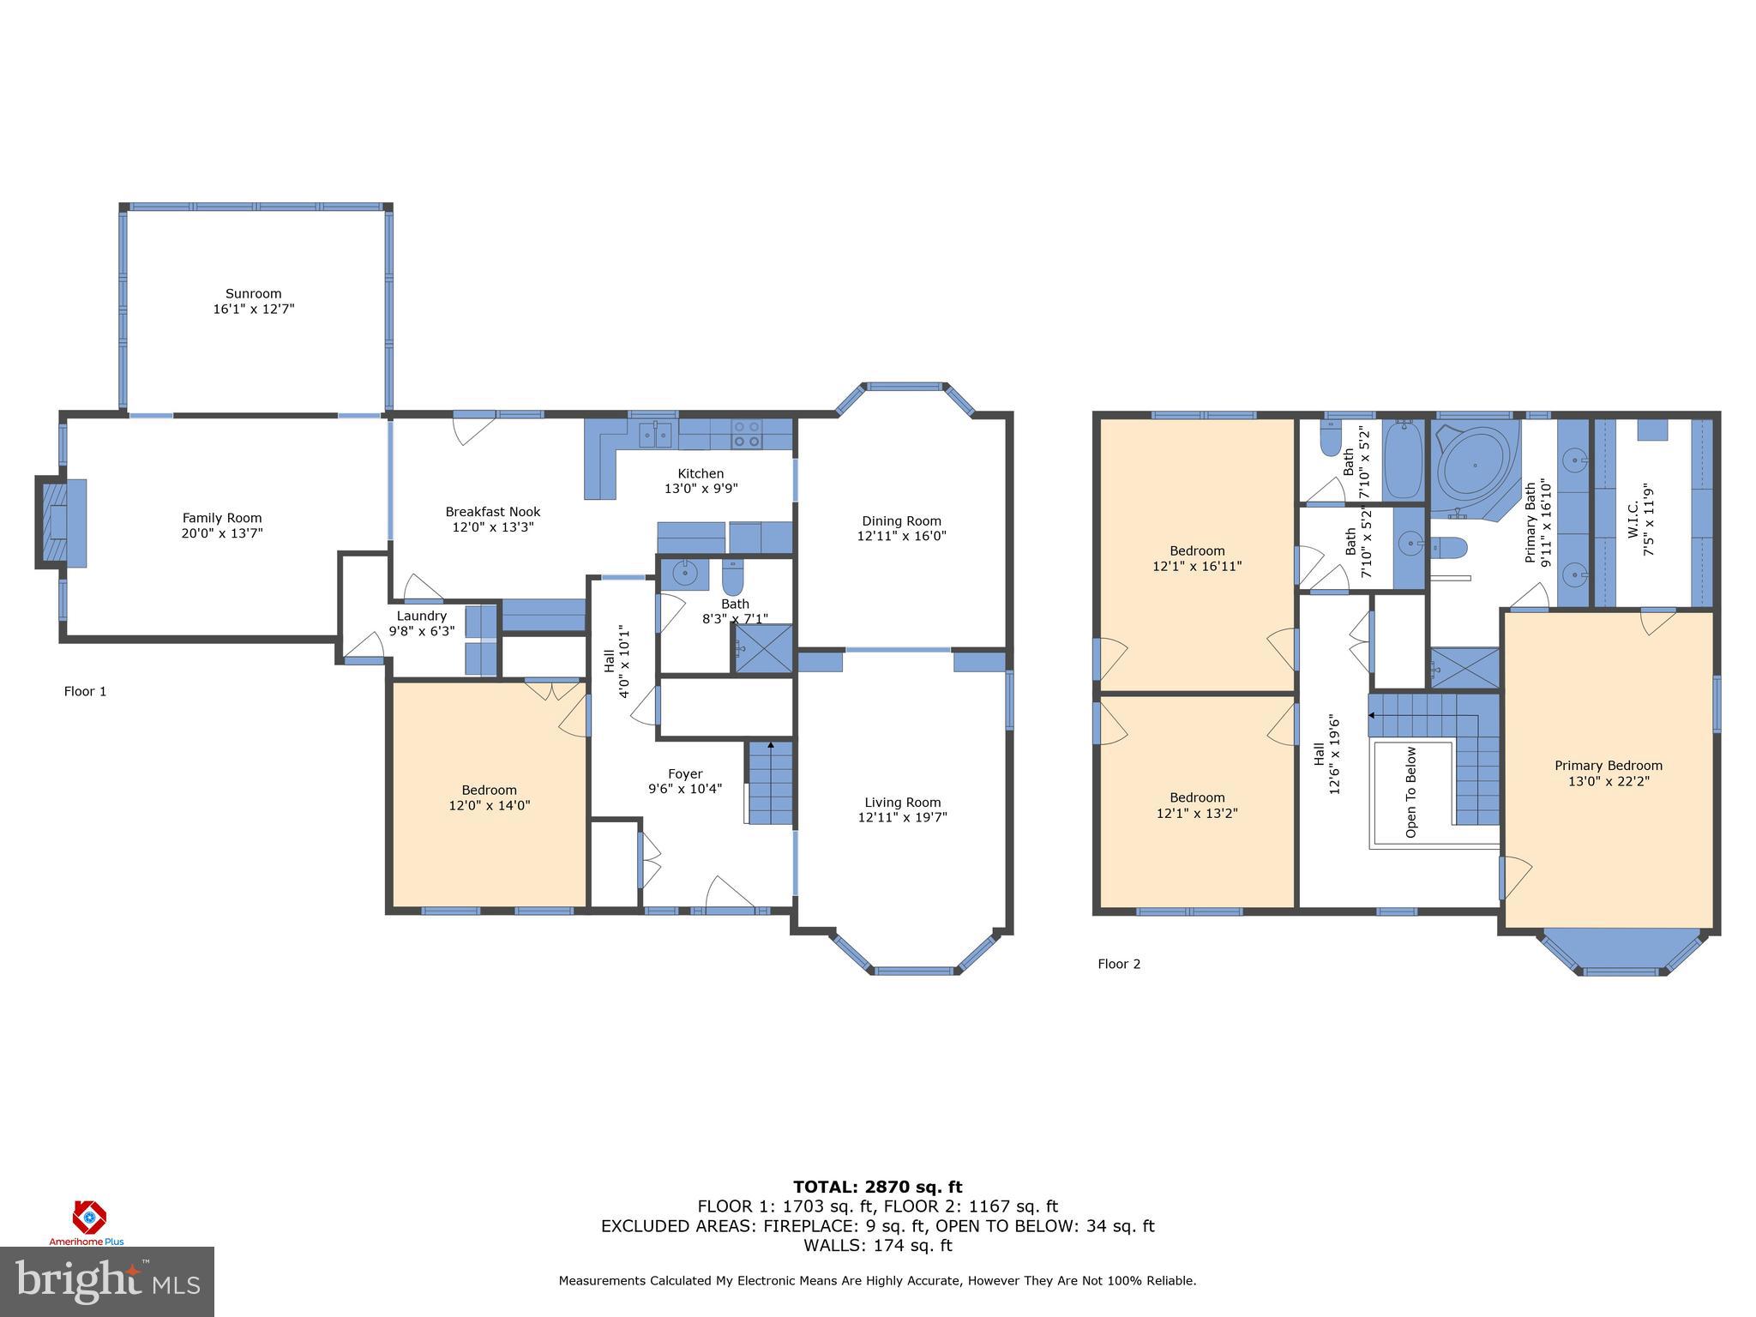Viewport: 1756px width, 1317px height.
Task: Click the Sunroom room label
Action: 253,293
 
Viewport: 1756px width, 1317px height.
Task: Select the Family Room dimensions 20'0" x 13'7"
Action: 222,533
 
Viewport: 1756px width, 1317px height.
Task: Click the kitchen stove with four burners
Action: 747,434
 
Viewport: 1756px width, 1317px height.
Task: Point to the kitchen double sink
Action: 657,434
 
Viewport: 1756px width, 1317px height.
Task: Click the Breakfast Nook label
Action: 492,512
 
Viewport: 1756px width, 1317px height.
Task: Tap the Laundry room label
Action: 421,616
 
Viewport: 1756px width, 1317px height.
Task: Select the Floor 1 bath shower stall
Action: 763,647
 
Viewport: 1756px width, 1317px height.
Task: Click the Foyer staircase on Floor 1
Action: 770,782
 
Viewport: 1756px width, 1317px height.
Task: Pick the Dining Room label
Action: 901,520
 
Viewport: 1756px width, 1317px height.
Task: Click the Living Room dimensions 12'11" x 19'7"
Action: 902,818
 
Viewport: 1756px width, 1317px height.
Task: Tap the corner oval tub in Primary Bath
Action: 1475,466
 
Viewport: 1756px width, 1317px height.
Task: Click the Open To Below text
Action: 1410,791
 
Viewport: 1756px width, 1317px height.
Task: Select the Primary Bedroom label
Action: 1608,766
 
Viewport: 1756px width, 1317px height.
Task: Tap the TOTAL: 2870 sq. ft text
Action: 877,1187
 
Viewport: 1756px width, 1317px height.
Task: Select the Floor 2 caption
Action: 1119,964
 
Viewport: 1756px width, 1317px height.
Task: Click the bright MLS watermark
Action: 107,1281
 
